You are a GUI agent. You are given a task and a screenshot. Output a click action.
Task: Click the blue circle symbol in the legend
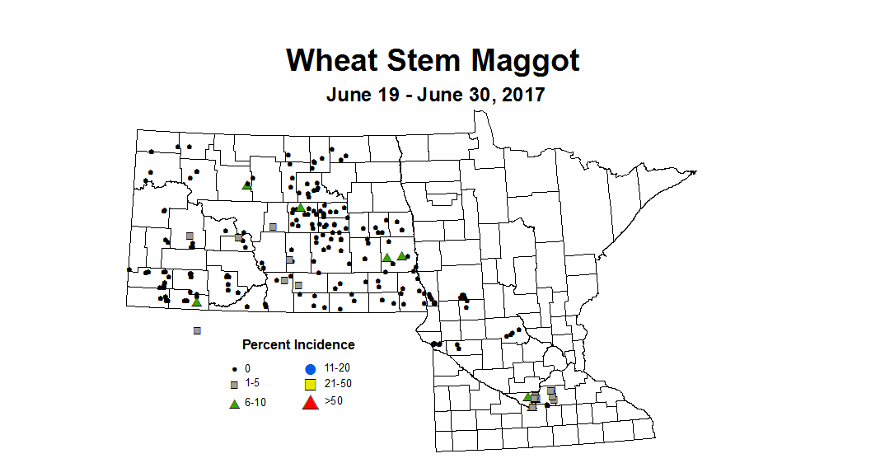[x=310, y=368]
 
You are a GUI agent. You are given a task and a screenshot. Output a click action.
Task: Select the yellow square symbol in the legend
[x=310, y=385]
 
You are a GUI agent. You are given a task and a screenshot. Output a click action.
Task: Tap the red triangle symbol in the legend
[x=310, y=402]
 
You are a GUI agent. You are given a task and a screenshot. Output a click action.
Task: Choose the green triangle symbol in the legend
[x=235, y=403]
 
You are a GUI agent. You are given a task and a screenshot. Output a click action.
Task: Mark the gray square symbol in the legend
[x=235, y=385]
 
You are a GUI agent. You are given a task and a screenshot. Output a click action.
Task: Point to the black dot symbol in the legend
[x=235, y=368]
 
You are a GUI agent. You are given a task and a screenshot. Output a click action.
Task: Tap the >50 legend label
[x=334, y=401]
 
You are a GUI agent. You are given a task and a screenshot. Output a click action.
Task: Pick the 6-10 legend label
[x=256, y=402]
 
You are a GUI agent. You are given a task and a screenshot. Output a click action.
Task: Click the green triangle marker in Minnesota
[x=527, y=396]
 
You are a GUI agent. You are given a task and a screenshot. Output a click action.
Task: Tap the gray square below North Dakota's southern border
[x=197, y=330]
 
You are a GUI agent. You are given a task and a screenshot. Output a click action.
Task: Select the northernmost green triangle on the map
[x=246, y=185]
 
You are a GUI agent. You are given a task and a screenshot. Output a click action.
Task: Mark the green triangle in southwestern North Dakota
[x=196, y=302]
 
